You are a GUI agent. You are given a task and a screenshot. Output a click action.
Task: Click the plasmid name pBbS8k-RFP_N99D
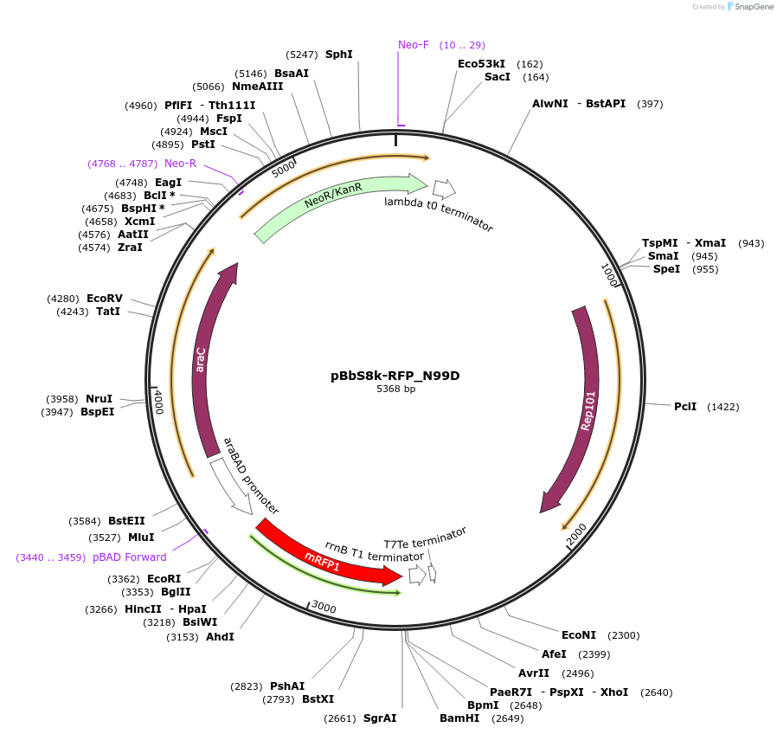click(395, 376)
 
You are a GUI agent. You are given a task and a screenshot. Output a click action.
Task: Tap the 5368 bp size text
click(395, 390)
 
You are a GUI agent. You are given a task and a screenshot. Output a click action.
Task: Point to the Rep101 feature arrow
click(585, 407)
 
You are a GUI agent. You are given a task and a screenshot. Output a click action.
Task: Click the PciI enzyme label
click(685, 407)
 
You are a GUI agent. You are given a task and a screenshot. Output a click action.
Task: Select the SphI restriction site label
click(339, 55)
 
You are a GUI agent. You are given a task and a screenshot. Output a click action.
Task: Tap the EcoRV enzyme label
click(105, 299)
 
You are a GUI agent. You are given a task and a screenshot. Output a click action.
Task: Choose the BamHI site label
click(459, 718)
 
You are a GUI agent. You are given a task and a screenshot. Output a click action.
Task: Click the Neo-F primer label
click(414, 45)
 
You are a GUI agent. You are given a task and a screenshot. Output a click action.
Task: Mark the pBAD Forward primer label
click(130, 557)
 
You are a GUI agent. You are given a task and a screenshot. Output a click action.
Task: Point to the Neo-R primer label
click(181, 164)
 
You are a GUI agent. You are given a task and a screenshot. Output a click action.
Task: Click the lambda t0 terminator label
click(439, 214)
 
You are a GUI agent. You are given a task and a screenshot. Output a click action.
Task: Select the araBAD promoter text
click(251, 476)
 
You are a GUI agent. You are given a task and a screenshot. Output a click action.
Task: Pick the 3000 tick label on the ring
click(324, 607)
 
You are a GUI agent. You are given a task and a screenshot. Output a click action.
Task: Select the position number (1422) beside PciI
click(723, 407)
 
